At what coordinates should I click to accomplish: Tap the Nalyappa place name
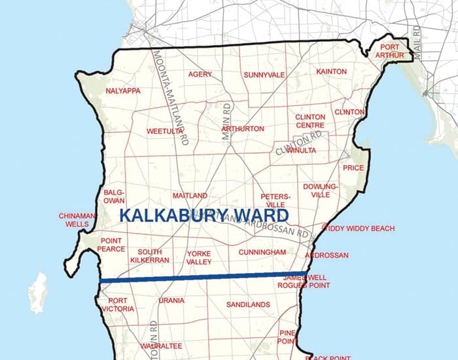click(x=123, y=90)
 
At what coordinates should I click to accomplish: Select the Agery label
click(x=200, y=75)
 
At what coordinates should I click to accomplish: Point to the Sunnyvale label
click(x=264, y=75)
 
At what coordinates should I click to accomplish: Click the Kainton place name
click(x=331, y=71)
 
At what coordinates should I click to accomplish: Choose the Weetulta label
click(x=164, y=131)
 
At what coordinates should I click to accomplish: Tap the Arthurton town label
click(x=243, y=129)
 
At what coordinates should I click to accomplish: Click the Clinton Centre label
click(x=311, y=120)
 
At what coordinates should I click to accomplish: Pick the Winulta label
click(x=301, y=151)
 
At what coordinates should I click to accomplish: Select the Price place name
click(x=353, y=168)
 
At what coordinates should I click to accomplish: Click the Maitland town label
click(x=190, y=196)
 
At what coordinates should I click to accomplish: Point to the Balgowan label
click(x=114, y=197)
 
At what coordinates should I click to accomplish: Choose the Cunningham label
click(x=262, y=252)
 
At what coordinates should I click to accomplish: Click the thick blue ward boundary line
click(x=203, y=278)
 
